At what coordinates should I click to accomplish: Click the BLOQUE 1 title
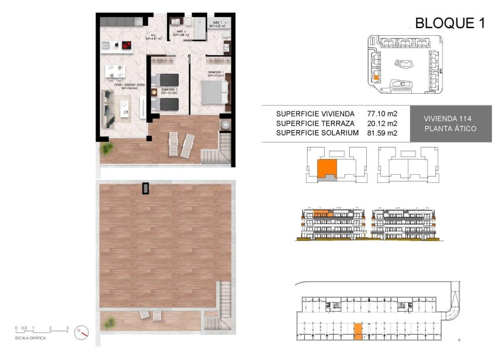(450, 23)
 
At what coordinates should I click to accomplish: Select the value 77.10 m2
(382, 113)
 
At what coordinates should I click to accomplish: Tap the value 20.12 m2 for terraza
(382, 123)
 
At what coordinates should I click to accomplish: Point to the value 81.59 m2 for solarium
(382, 133)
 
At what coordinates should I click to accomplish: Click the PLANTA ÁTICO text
(450, 129)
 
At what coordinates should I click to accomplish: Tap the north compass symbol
(81, 332)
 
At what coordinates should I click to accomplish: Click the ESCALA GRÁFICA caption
(31, 338)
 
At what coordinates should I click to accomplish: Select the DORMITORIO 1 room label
(216, 73)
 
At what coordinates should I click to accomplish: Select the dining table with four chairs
(115, 71)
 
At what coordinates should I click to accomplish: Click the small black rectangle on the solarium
(145, 188)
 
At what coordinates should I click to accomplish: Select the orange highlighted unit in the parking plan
(358, 331)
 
